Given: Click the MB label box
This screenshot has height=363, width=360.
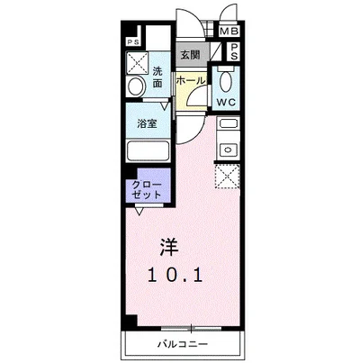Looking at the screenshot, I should tap(229, 33).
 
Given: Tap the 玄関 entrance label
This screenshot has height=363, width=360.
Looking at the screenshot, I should tap(190, 55).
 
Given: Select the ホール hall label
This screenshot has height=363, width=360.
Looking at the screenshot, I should tap(190, 82).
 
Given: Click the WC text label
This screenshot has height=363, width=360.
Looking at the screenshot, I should tap(225, 102).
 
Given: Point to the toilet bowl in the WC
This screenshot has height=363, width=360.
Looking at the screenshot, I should tap(224, 77).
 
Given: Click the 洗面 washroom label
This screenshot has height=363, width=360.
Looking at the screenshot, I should tap(157, 77).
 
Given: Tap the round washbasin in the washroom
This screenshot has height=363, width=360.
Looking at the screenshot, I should tap(137, 86).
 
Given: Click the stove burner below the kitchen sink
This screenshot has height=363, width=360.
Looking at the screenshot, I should tap(227, 149).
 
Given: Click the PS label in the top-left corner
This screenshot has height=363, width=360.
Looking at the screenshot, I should tap(133, 42).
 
